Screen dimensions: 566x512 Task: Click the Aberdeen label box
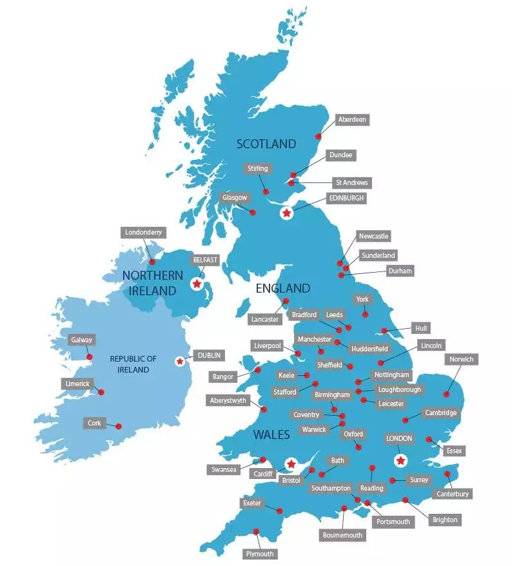pos(353,120)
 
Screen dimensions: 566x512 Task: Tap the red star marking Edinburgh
pos(286,212)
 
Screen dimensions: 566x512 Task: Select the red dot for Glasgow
pos(253,212)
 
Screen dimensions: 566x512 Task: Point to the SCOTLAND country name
pos(266,144)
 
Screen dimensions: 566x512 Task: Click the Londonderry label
pos(144,232)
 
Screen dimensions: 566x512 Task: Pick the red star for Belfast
pos(197,283)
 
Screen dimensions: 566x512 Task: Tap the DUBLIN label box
pos(210,355)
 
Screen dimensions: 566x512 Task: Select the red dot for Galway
pos(90,356)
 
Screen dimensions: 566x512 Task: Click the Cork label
pos(94,423)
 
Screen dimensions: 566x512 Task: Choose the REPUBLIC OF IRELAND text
pos(133,364)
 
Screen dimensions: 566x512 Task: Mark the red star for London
pos(401,460)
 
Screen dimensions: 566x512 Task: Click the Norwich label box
pos(461,359)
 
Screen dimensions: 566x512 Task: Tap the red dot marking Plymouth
pos(257,532)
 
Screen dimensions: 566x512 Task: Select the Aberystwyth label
pos(228,400)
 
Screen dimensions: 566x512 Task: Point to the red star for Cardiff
pos(291,464)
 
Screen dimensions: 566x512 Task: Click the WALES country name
pos(271,434)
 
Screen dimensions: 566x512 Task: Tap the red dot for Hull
pos(384,331)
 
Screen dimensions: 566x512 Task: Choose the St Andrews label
pos(351,182)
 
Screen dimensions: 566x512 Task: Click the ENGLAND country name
pos(283,288)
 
